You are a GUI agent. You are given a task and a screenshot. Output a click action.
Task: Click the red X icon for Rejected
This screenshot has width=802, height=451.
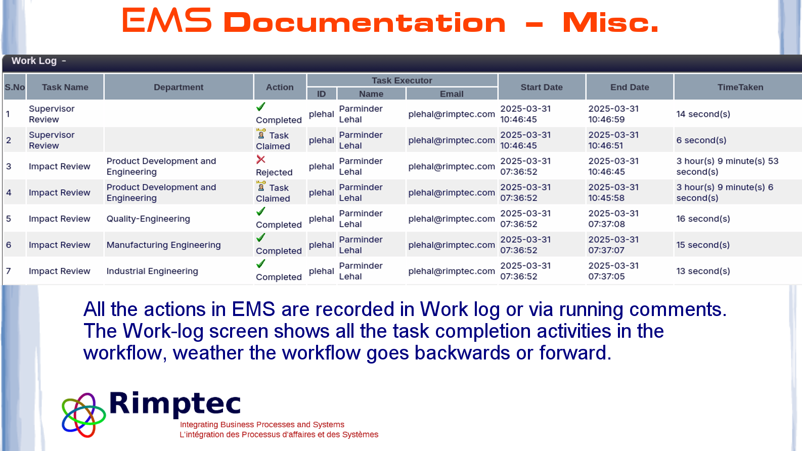coord(260,159)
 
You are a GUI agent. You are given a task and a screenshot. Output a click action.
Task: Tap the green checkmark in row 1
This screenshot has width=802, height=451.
coord(260,107)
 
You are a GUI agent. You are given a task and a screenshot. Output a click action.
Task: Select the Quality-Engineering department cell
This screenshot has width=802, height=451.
coord(148,219)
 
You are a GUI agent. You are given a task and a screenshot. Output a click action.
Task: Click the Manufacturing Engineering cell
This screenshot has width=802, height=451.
coord(164,245)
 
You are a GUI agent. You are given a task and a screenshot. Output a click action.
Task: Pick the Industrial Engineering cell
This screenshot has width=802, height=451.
coord(152,271)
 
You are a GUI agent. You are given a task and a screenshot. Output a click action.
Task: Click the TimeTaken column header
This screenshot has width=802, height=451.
coord(740,87)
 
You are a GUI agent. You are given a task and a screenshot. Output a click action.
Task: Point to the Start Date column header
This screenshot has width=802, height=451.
coord(542,87)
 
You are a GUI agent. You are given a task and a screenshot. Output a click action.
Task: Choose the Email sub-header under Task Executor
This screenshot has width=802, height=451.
coord(452,94)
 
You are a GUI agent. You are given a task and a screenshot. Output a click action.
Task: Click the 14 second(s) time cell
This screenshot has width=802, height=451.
coord(703,114)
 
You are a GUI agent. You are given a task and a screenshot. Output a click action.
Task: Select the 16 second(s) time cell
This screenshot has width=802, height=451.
coord(703,219)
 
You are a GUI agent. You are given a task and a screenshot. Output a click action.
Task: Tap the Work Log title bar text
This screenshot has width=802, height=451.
coord(34,61)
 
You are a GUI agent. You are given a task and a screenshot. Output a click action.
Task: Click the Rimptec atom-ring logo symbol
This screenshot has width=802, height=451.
coord(84,415)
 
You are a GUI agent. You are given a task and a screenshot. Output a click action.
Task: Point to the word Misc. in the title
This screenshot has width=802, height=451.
coord(610,23)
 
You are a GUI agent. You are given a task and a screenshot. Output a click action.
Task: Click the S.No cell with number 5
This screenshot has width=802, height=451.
coord(9,219)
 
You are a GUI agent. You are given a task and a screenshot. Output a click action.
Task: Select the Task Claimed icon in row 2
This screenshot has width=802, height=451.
coord(261,134)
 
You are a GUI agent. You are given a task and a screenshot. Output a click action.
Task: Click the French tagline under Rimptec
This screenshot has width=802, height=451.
coord(279,434)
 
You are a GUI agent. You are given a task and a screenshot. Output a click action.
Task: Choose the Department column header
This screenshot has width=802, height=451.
coord(179,87)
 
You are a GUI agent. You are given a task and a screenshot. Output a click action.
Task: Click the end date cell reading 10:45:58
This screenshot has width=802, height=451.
coord(613,193)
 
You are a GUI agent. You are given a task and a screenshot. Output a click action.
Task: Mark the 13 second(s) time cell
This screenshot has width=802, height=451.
coord(703,271)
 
